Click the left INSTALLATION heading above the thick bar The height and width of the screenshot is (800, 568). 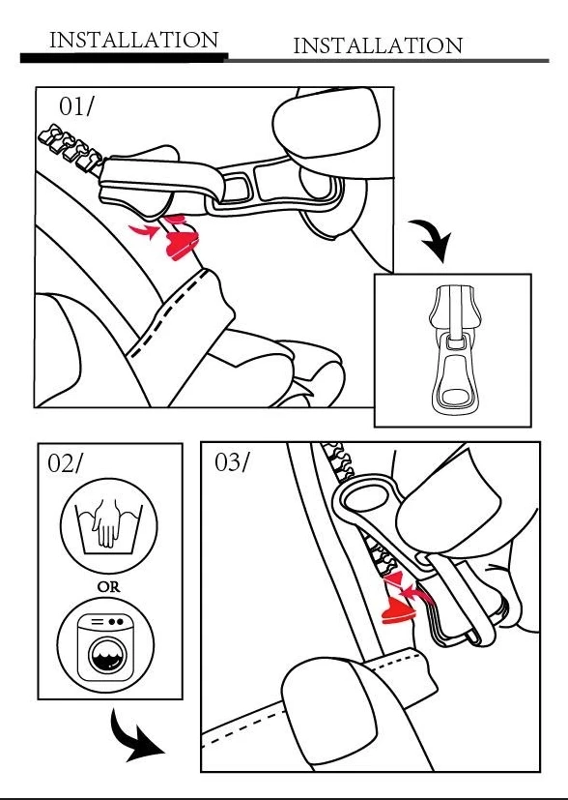(134, 40)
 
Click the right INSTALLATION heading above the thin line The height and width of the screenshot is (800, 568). (378, 45)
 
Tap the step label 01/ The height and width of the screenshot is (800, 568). (76, 106)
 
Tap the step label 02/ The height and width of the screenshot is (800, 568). (64, 462)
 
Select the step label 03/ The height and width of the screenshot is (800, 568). (232, 462)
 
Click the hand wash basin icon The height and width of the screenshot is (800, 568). (108, 525)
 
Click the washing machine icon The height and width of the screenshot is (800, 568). (105, 645)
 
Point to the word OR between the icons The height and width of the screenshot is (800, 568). (108, 587)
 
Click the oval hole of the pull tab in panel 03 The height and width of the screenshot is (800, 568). (368, 498)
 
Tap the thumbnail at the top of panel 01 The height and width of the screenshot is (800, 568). (327, 123)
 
